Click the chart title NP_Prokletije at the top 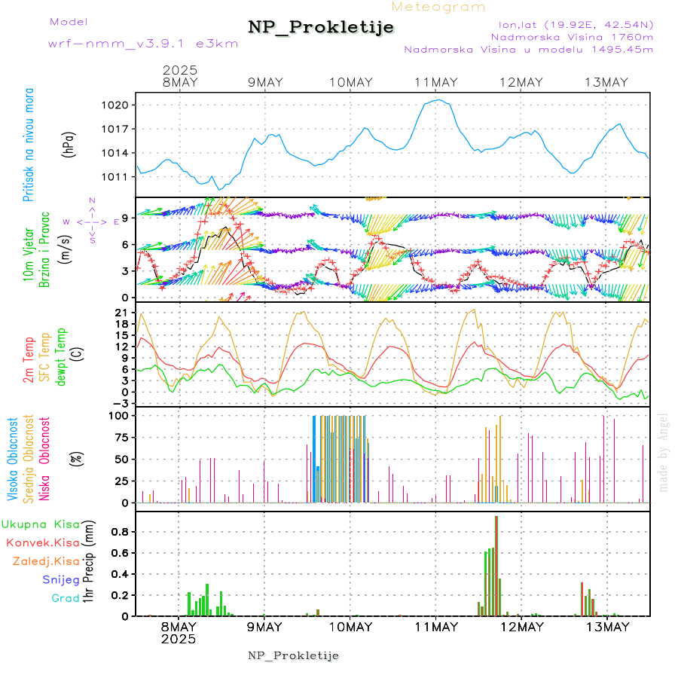pos(321,28)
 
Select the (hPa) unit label pos(69,145)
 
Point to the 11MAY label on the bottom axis pos(436,627)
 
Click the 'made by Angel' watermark pos(664,452)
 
